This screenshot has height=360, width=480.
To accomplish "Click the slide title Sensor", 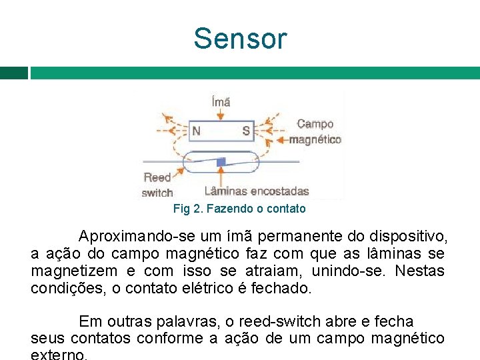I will [240, 39].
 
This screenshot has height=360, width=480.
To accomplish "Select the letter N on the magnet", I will [196, 131].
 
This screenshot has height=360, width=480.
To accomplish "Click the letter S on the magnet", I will [246, 131].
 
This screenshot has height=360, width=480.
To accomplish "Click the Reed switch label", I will [158, 185].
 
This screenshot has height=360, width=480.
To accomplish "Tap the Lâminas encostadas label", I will [257, 191].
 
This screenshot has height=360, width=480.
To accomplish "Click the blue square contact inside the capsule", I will [221, 161].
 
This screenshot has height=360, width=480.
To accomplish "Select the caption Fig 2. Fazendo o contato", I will [239, 209].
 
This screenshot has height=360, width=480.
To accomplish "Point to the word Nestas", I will [419, 271].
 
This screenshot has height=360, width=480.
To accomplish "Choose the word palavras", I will [188, 321].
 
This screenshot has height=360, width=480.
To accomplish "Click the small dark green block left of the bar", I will [14, 73].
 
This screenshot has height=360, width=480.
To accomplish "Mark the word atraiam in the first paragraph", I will [281, 271].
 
